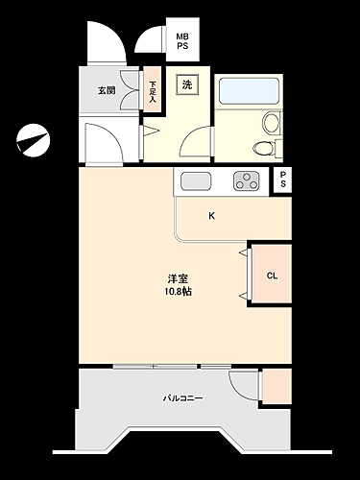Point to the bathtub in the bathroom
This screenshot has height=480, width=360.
tap(250, 92)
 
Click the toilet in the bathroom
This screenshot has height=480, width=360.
tap(262, 147)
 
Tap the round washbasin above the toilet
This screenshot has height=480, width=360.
tap(272, 123)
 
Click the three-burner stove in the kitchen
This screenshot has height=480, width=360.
tap(246, 180)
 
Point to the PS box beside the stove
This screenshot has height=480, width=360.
tap(282, 180)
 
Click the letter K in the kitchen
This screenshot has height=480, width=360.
tap(212, 216)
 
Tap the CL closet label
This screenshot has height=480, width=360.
tap(272, 276)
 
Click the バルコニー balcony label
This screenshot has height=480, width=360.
tap(181, 397)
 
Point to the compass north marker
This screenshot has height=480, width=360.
tap(32, 139)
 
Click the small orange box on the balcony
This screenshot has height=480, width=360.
tap(276, 385)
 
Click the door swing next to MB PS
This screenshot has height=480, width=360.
tap(148, 40)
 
